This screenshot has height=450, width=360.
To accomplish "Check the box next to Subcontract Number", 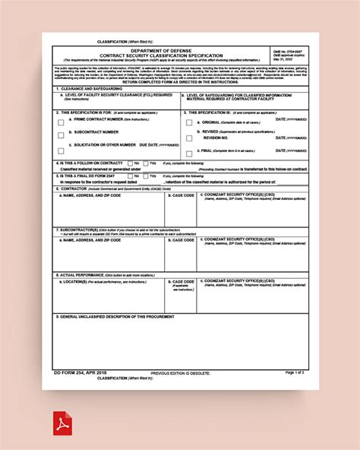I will pyautogui.click(x=61, y=135).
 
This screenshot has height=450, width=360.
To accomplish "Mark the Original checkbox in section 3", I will pyautogui.click(x=189, y=122).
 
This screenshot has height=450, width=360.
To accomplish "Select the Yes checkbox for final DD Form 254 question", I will pyautogui.click(x=153, y=176).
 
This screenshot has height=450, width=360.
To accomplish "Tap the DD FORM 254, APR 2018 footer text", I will pyautogui.click(x=80, y=372).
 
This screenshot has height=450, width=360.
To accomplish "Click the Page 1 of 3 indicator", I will pyautogui.click(x=294, y=372).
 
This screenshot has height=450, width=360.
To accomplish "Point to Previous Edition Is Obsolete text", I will pyautogui.click(x=179, y=374).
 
